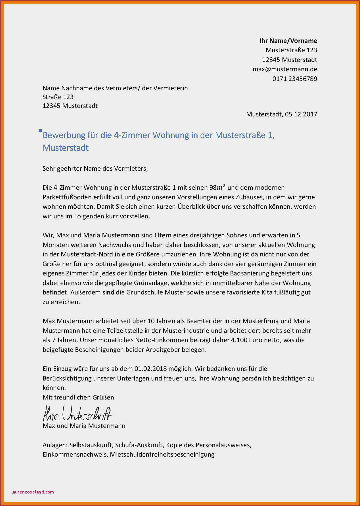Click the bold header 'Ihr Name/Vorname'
pyautogui.click(x=288, y=41)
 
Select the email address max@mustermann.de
pyautogui.click(x=285, y=69)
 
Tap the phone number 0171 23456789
pyautogui.click(x=295, y=79)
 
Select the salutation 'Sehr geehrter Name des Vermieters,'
pyautogui.click(x=95, y=169)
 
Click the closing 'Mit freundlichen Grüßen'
pyautogui.click(x=78, y=398)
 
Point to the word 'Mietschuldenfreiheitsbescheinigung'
pyautogui.click(x=162, y=455)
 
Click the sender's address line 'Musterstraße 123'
pyautogui.click(x=291, y=50)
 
